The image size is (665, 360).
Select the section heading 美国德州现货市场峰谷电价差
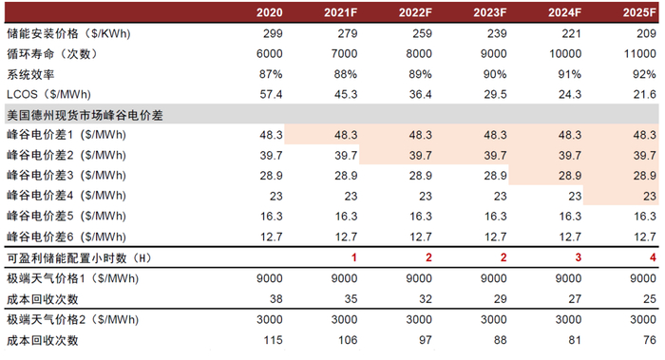point(85,114)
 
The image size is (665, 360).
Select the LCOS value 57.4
point(273,94)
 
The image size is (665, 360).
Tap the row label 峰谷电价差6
point(66,237)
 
